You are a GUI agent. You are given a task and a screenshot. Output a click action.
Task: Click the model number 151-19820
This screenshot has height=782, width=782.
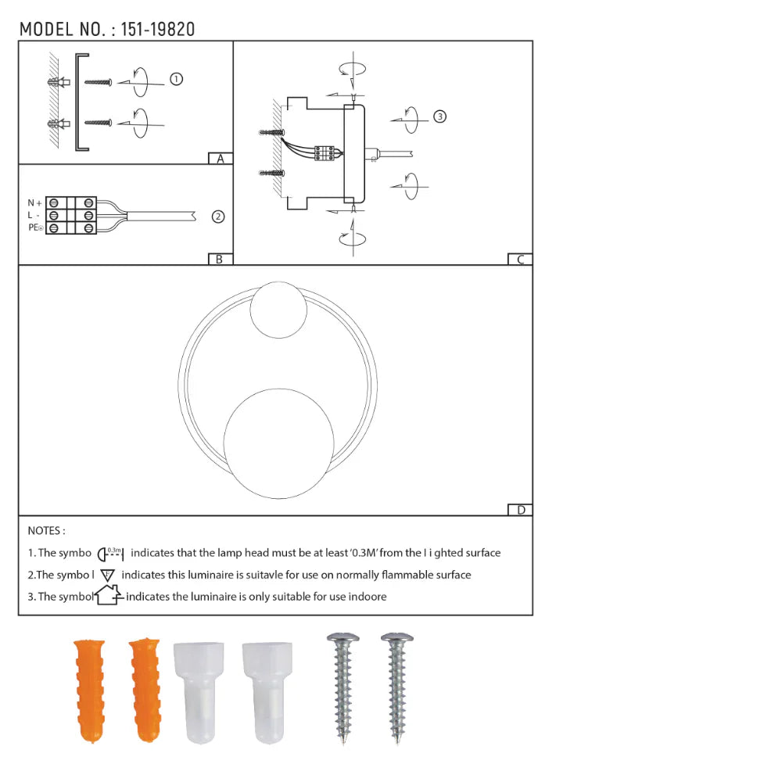pos(158,30)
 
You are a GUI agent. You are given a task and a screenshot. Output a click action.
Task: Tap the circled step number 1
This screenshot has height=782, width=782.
pos(177,79)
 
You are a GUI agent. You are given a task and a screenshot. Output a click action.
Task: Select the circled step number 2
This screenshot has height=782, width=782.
pos(218,217)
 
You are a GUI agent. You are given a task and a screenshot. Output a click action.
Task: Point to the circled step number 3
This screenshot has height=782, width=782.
pos(440,117)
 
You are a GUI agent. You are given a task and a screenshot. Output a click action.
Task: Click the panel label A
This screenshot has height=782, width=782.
pos(221,159)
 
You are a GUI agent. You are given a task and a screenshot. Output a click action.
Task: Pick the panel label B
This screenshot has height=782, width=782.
pos(220,259)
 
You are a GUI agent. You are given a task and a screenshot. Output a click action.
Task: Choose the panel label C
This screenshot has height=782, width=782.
pos(519,260)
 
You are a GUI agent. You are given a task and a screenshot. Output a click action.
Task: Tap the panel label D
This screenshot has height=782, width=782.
pos(520,510)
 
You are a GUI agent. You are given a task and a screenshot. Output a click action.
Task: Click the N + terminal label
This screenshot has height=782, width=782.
pos(34,203)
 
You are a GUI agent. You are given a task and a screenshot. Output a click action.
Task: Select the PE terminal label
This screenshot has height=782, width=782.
pos(35,228)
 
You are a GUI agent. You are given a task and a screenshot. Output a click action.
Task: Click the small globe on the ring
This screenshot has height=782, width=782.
pos(278,309)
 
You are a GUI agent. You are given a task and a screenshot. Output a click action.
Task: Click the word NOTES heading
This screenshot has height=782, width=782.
pos(46,531)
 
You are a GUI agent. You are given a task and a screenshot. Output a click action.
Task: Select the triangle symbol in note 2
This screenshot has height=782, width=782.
pos(108,575)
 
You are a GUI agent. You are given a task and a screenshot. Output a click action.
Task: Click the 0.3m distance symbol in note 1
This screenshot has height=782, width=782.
pos(111,554)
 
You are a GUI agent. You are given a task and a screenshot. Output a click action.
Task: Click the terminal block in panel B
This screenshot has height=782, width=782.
pos(71,215)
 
